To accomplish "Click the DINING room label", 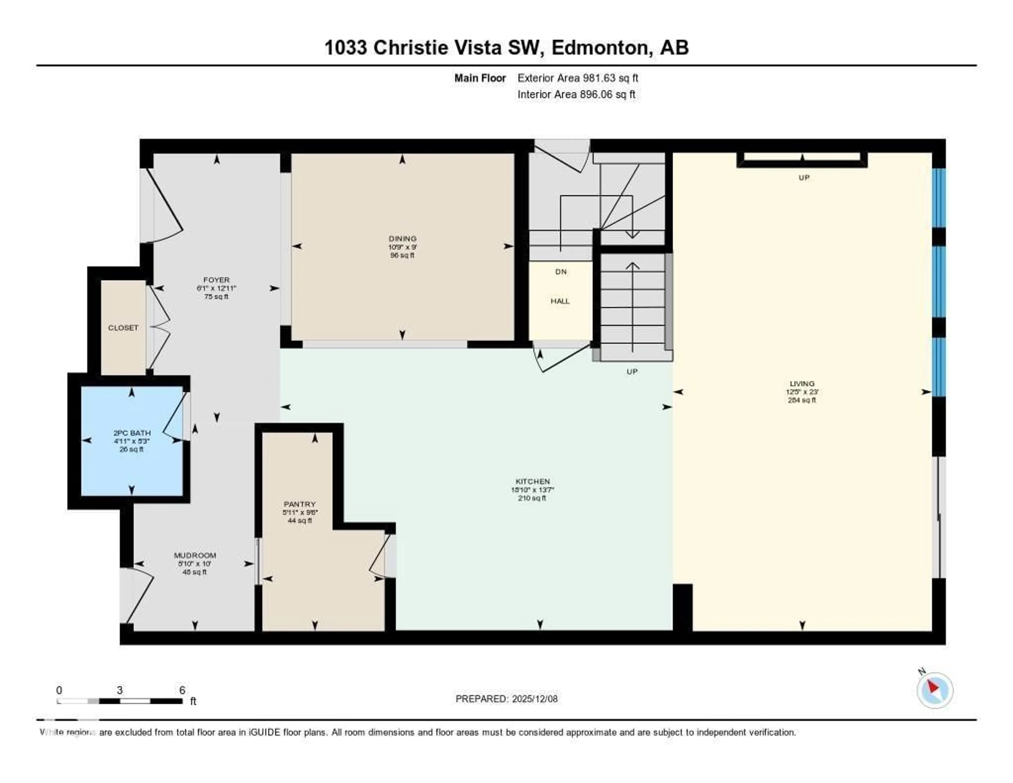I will pos(402,239).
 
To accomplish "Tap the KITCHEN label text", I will pos(532,481).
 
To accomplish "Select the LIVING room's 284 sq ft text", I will pos(801,400).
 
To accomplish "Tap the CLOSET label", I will pos(123,328).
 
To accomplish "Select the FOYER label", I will pos(216,280).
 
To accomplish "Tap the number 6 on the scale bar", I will pos(182,690).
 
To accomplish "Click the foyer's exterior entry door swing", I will pos(165,206).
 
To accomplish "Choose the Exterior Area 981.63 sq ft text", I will pos(577,78).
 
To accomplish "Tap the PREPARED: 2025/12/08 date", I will pos(506,699).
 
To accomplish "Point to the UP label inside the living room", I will pos(804,178).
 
